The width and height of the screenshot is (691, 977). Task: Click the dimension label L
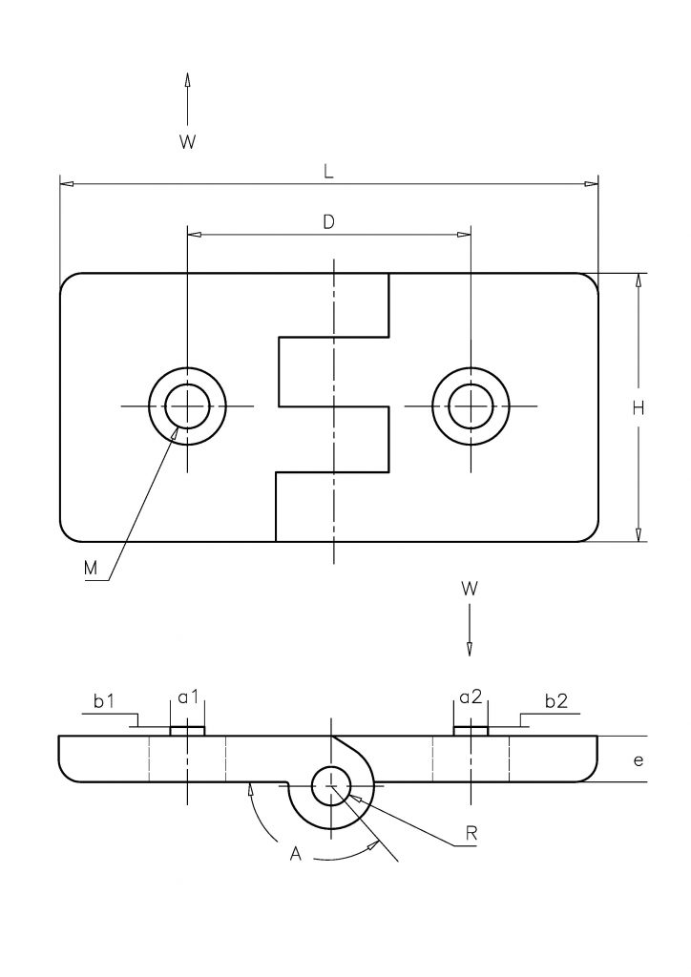328,172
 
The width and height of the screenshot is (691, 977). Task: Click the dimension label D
328,221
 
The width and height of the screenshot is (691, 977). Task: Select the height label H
639,408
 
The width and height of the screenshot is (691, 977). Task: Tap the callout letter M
91,568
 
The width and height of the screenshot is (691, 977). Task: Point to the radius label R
471,834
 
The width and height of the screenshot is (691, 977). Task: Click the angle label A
295,854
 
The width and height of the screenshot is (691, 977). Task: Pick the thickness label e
639,760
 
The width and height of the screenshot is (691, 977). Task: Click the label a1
188,696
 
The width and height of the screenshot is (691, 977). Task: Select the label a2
471,696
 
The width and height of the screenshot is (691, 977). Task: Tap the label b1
104,701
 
